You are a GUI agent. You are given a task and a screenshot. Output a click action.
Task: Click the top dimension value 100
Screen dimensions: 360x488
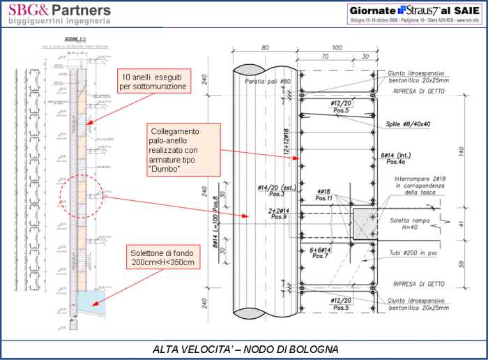click(337, 47)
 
